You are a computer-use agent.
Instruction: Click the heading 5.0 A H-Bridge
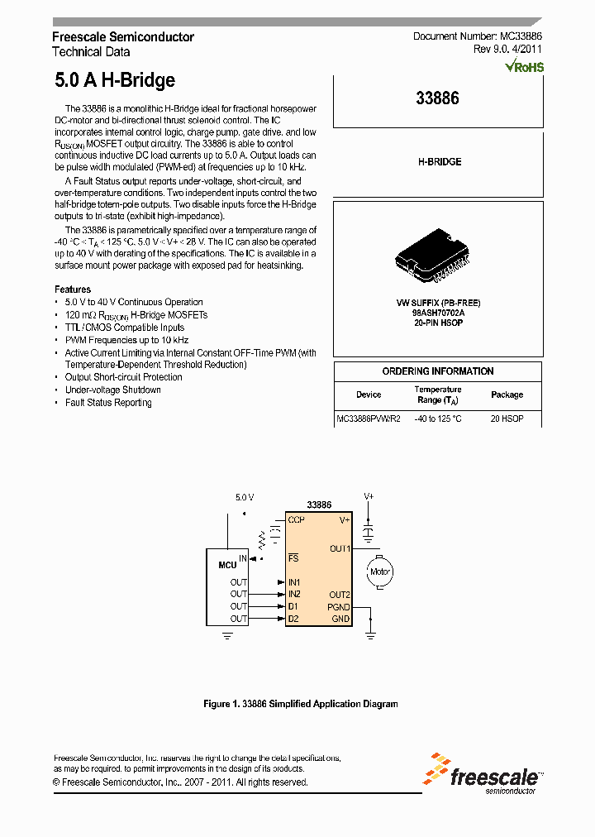point(115,80)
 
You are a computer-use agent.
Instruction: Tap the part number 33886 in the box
point(437,98)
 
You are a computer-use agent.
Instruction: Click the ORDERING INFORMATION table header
point(438,371)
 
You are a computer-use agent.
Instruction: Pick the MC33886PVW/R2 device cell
point(369,419)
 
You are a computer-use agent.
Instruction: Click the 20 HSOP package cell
point(507,419)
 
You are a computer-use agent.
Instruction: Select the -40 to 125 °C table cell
point(438,419)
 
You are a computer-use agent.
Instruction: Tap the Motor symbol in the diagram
point(379,572)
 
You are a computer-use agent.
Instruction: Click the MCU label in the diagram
point(227,565)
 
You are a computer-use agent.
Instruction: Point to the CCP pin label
point(296,520)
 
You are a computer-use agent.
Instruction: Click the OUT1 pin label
point(340,548)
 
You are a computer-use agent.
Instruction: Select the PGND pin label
point(339,606)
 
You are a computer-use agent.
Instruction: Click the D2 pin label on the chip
point(293,619)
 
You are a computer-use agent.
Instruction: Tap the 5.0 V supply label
point(245,497)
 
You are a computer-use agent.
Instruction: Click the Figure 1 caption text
point(301,704)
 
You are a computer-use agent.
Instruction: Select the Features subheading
point(73,289)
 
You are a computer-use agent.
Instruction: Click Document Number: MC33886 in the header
point(477,37)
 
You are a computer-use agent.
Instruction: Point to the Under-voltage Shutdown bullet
point(113,390)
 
